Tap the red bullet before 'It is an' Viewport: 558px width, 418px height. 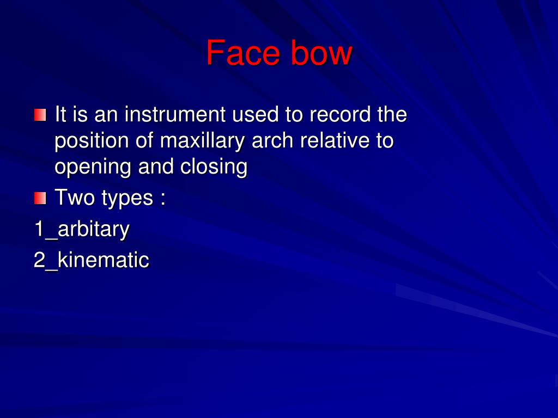(40, 115)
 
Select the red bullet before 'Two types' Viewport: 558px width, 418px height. (40, 198)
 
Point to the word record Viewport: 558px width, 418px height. (341, 115)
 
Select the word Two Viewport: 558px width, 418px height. (75, 198)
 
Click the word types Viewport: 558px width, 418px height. (127, 199)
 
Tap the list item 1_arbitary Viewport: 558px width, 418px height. (82, 229)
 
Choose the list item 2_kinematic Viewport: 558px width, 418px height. (92, 260)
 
